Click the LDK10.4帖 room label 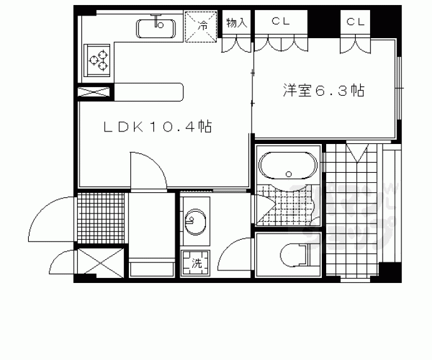(x=157, y=127)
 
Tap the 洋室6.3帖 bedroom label (x=323, y=91)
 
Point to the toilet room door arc (x=235, y=255)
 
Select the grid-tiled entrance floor (x=102, y=219)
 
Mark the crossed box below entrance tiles (x=100, y=262)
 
